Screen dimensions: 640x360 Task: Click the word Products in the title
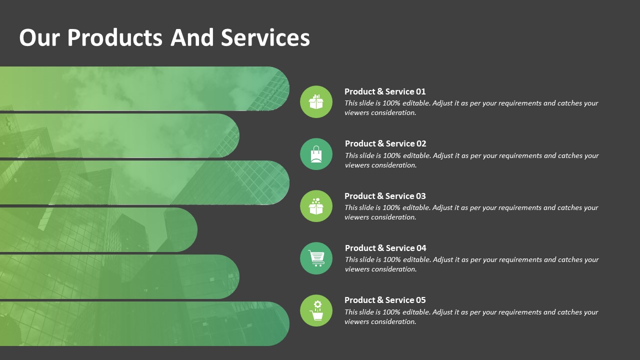[115, 37]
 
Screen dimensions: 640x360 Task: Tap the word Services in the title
[265, 37]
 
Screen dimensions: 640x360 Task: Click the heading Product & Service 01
[385, 91]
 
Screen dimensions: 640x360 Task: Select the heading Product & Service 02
[385, 143]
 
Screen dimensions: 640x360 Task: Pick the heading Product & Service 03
[385, 196]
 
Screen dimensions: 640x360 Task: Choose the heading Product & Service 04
[385, 248]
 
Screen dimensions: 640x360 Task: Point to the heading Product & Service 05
[385, 300]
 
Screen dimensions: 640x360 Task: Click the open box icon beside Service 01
[316, 101]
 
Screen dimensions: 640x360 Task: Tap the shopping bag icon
[316, 154]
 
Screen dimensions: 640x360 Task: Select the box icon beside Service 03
[316, 206]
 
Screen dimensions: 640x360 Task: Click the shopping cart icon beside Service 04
[316, 258]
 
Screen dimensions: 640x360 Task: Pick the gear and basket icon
[316, 310]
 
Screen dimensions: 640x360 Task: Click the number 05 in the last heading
[420, 300]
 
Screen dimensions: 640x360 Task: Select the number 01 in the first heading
[420, 91]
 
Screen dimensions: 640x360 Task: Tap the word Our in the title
[39, 37]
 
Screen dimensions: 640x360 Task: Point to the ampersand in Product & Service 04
[380, 248]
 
